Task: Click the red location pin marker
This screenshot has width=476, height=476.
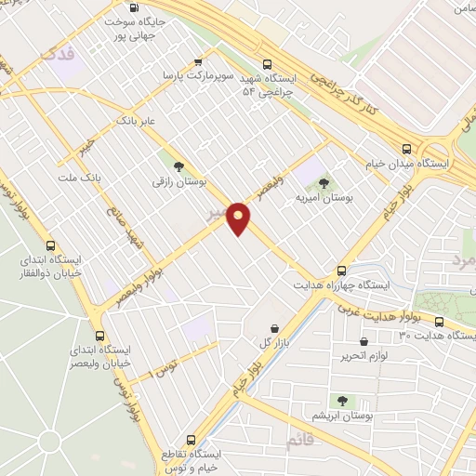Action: click(239, 217)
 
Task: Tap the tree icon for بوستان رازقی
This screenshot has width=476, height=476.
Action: click(178, 165)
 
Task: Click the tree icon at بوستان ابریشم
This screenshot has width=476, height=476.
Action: click(343, 401)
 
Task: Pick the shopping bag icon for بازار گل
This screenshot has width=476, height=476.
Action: click(276, 327)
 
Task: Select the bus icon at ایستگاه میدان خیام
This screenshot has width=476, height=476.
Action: click(406, 149)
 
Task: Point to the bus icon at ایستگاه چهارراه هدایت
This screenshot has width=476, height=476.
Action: click(343, 271)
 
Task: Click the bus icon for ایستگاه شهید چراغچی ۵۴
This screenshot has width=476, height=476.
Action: click(268, 64)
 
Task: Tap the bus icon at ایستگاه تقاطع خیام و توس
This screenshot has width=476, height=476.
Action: click(192, 439)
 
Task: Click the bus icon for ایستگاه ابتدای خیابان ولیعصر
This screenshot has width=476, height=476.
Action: click(100, 336)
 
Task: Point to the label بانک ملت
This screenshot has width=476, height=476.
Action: click(78, 177)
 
